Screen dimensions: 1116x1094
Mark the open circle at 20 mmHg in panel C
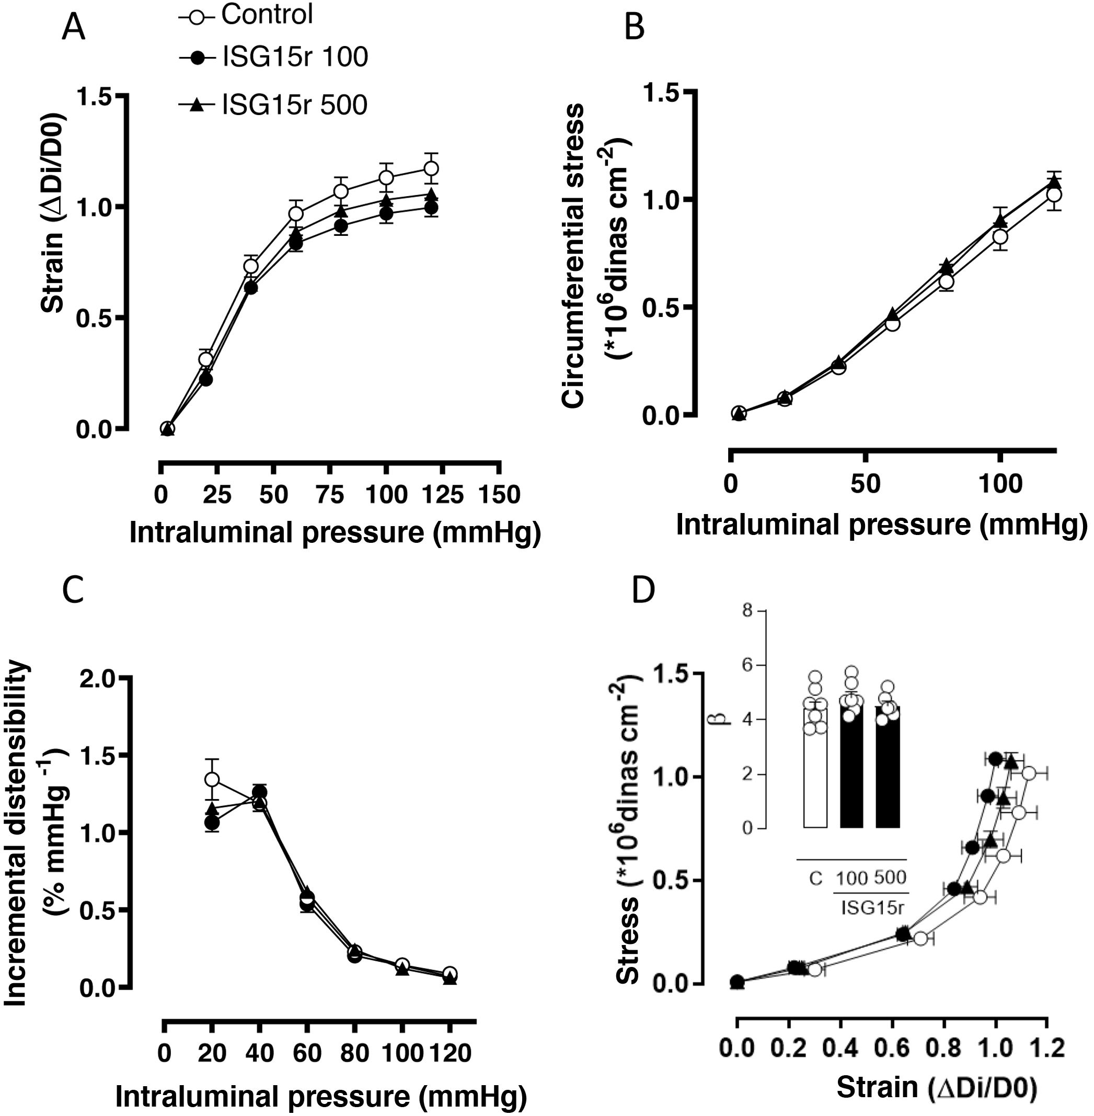[212, 780]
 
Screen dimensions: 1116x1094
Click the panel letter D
[643, 578]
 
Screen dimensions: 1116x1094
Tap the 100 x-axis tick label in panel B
[999, 485]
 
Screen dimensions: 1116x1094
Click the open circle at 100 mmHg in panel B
[1000, 236]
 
